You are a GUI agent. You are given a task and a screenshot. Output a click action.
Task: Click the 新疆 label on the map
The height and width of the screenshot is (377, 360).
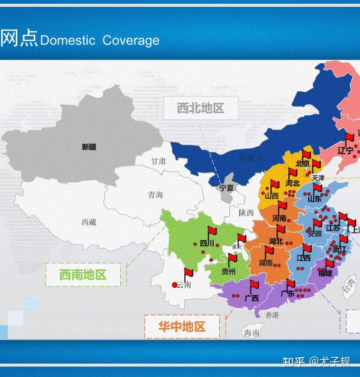(x=89, y=147)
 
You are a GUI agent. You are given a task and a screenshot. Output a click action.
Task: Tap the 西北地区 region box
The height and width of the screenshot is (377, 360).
(x=200, y=108)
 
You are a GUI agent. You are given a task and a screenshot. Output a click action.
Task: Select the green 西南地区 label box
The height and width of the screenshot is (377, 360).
(x=83, y=275)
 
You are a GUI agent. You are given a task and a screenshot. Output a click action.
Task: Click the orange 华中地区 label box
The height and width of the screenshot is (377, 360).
(x=182, y=327)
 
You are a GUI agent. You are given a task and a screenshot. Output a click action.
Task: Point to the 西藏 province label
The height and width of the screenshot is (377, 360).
(x=89, y=222)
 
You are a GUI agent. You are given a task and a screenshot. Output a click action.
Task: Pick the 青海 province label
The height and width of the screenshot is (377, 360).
(x=156, y=195)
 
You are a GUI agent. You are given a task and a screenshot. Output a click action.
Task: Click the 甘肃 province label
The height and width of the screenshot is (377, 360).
(x=158, y=161)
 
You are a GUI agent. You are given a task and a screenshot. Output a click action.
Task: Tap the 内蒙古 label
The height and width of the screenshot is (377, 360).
(x=251, y=158)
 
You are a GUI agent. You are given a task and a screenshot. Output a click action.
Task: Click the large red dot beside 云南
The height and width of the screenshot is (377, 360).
(x=174, y=285)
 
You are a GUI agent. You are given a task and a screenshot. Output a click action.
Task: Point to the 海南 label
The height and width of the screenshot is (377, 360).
(x=252, y=332)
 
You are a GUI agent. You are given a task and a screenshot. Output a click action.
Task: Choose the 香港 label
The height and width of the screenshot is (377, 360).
(x=272, y=315)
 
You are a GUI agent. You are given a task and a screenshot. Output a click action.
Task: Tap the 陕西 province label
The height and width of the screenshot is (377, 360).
(x=246, y=213)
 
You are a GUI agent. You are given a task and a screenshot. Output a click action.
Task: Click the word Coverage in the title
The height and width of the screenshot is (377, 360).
(x=131, y=40)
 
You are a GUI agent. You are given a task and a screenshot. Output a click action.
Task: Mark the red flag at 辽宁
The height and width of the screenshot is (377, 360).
(x=350, y=139)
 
